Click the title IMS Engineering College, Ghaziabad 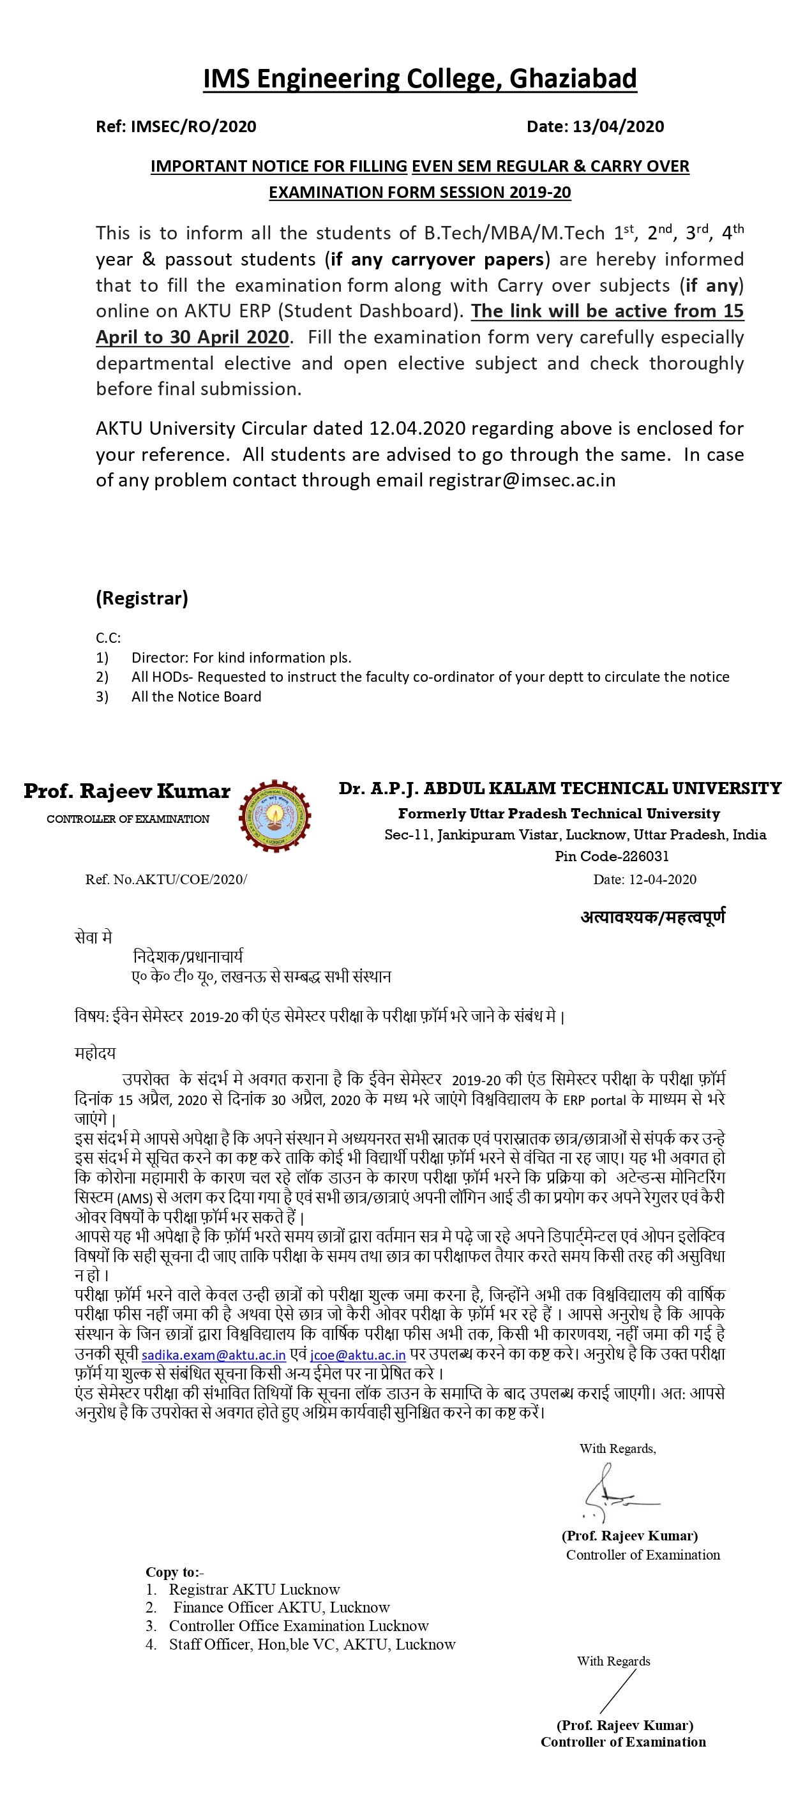click(x=419, y=79)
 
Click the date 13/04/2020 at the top click(x=618, y=126)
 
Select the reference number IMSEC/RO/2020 click(x=193, y=126)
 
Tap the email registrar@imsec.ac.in click(x=522, y=481)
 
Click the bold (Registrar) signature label click(x=142, y=598)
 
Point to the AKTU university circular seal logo click(x=275, y=816)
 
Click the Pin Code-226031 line click(x=611, y=857)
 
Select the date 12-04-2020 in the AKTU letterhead click(x=662, y=880)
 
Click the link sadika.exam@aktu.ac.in click(x=213, y=1355)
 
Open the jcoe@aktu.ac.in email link click(x=357, y=1355)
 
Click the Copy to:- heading click(x=174, y=1572)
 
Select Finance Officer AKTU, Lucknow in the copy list click(x=281, y=1607)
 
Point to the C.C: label click(x=109, y=638)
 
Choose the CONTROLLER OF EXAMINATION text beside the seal click(x=128, y=819)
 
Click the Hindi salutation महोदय click(x=95, y=1053)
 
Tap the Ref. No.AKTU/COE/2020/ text click(x=166, y=880)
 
